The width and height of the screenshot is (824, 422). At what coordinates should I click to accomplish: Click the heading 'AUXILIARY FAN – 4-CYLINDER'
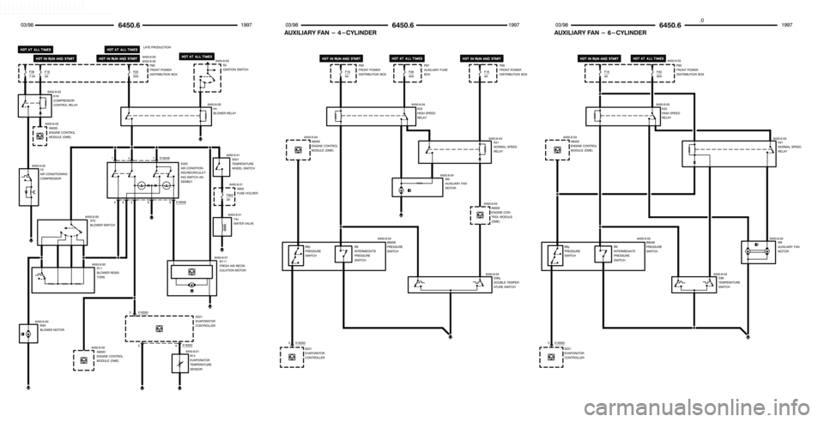coord(330,32)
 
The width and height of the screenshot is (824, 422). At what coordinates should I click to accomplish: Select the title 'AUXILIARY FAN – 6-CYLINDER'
coord(601,32)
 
